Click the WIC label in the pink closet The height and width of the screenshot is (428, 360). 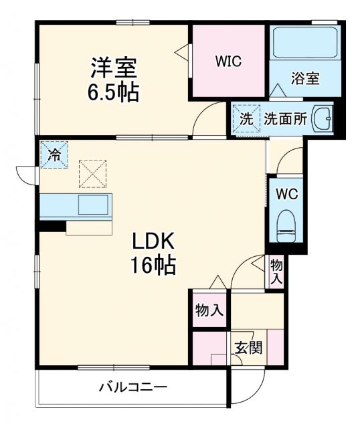pos(228,61)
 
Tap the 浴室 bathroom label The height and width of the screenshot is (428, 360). pos(305,78)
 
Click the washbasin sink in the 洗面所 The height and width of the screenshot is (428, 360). pos(324,119)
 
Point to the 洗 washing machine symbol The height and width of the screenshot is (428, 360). pos(247,120)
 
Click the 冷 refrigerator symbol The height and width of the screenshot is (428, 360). pos(54,155)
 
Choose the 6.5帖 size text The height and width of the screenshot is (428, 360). pos(114,92)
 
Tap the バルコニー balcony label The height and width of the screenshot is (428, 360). pos(133,387)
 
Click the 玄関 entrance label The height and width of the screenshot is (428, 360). pos(248,348)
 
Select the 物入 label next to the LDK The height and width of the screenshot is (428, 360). pos(209,310)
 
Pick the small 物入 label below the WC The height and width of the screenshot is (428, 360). pos(276,270)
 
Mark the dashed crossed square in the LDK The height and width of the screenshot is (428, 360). pos(92,173)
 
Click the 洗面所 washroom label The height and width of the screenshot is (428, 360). pos(285,119)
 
